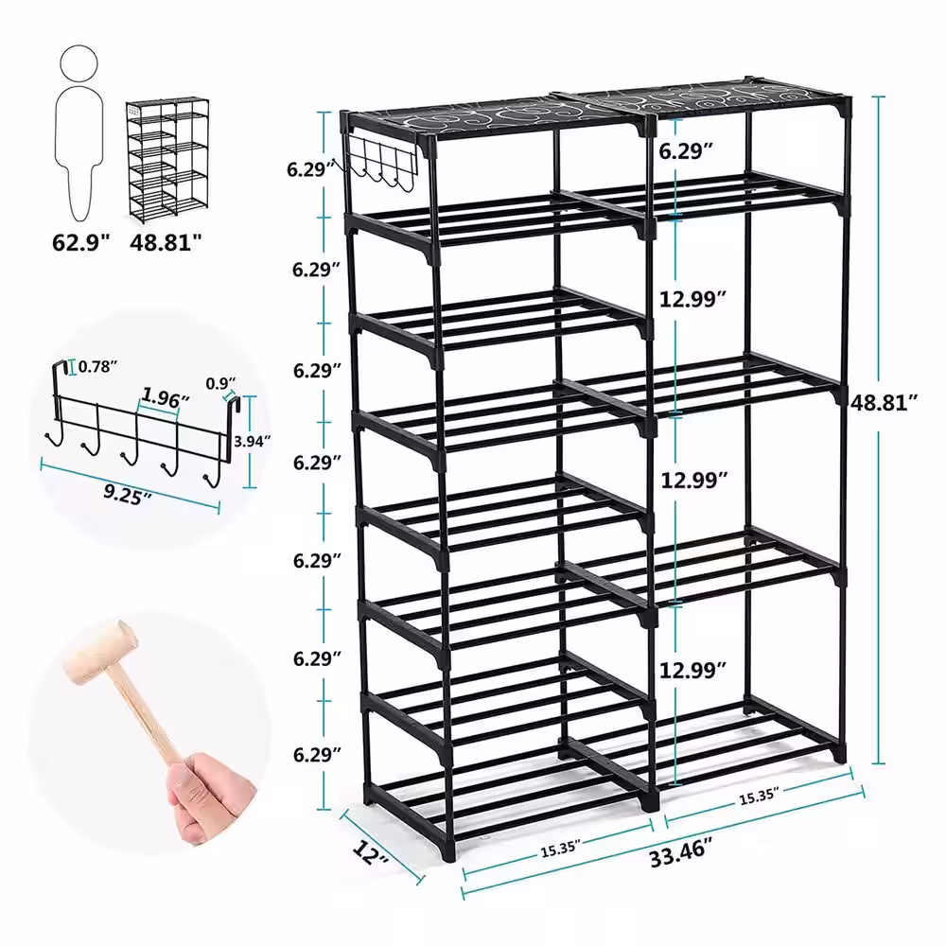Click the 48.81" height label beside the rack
[x=884, y=402]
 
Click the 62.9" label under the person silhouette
[x=80, y=242]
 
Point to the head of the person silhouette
[x=79, y=63]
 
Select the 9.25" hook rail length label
[x=127, y=495]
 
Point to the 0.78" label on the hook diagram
[x=97, y=366]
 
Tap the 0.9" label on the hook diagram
[x=220, y=384]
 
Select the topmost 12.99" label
[x=692, y=299]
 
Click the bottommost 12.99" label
[x=692, y=670]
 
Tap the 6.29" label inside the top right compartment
[x=686, y=150]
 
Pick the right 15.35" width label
[x=759, y=796]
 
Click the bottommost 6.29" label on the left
[x=317, y=754]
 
